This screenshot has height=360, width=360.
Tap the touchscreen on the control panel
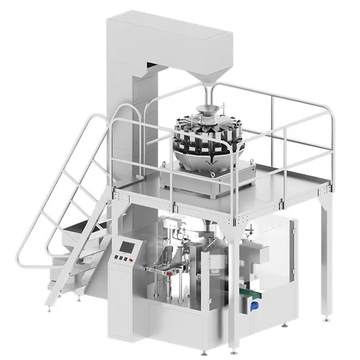coord(126,248)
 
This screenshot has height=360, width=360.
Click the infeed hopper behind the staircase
coord(82,229)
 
